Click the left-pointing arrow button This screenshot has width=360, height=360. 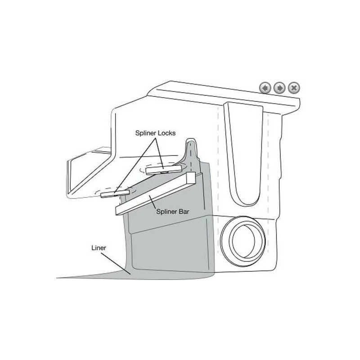click(265, 88)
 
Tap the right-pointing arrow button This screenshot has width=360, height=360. click(279, 88)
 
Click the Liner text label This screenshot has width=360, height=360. click(98, 247)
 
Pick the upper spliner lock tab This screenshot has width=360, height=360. click(164, 169)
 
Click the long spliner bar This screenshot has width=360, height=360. click(153, 193)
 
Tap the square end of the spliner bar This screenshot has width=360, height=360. click(191, 178)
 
